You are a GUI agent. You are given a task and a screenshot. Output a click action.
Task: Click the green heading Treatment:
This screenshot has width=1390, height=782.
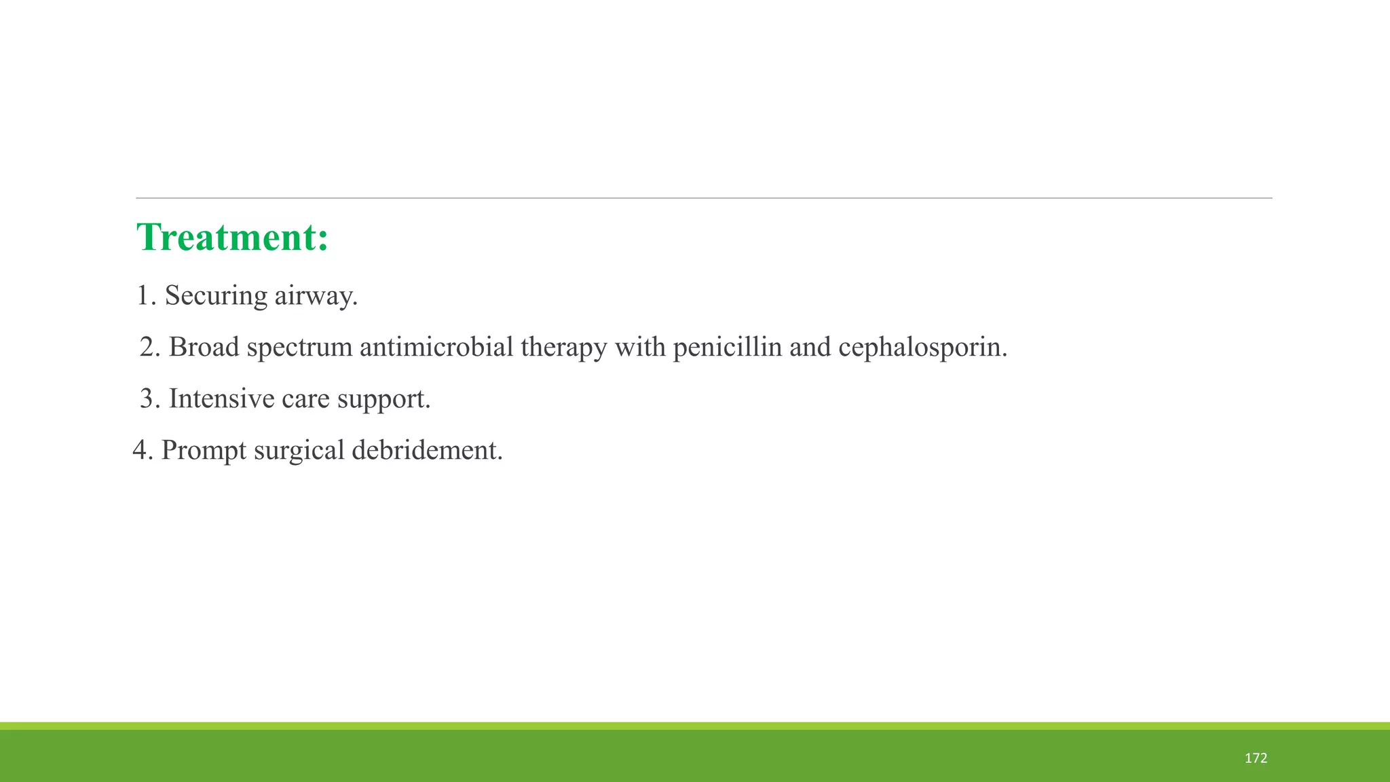click(x=233, y=238)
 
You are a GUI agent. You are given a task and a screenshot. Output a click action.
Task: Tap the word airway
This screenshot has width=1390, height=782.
click(x=316, y=296)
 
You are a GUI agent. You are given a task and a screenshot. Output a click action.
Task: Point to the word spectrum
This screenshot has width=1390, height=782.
click(x=299, y=348)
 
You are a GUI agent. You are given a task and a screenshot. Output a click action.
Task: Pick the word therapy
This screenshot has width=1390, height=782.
click(x=563, y=348)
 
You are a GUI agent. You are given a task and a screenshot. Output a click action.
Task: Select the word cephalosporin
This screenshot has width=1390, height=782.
click(x=922, y=348)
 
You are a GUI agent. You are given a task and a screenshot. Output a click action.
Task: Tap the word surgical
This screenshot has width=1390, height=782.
click(x=299, y=450)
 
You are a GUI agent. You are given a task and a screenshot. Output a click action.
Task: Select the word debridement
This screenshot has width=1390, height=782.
click(x=427, y=450)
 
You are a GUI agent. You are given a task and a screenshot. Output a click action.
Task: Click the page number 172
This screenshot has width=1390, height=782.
click(x=1256, y=758)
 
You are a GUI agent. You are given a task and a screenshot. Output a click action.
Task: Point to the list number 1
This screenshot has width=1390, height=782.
click(x=143, y=296)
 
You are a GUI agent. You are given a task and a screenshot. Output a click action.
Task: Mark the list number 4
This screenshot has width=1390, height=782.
click(x=140, y=450)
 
